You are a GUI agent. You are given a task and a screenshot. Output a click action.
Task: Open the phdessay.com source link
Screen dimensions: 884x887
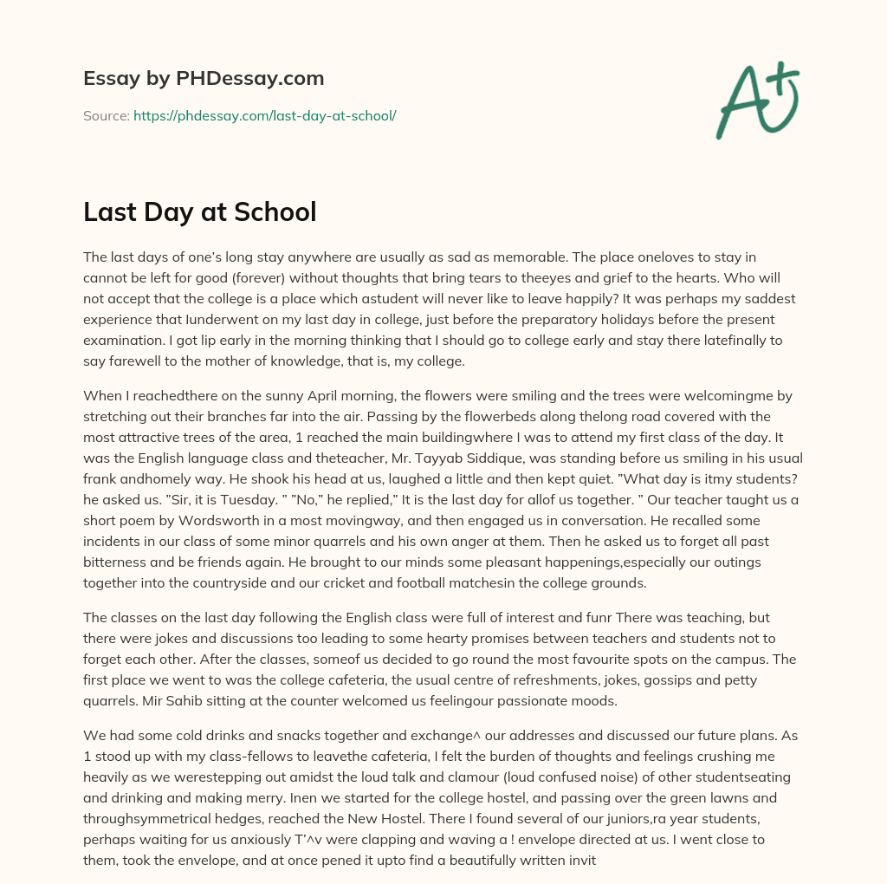pos(264,115)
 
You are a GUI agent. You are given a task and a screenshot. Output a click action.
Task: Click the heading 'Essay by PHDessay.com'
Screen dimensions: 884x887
pos(204,79)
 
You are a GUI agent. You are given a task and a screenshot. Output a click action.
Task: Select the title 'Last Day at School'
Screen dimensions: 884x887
pos(199,212)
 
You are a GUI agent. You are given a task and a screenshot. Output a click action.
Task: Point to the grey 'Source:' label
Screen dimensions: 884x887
pos(107,115)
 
